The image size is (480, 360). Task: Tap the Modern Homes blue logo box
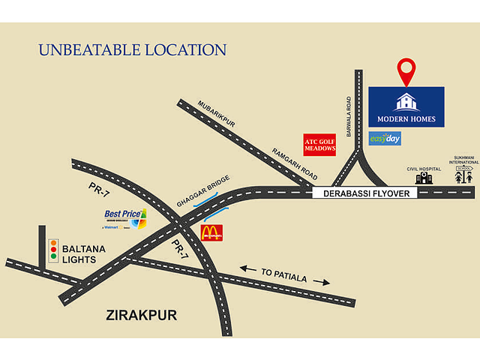pyautogui.click(x=406, y=106)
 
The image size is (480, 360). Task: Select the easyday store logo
pyautogui.click(x=385, y=139)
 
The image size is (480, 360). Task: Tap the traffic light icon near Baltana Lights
pyautogui.click(x=53, y=250)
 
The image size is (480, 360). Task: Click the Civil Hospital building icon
pyautogui.click(x=424, y=178)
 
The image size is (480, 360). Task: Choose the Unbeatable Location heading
pyautogui.click(x=132, y=51)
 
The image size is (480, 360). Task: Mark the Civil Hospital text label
pyautogui.click(x=421, y=168)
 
